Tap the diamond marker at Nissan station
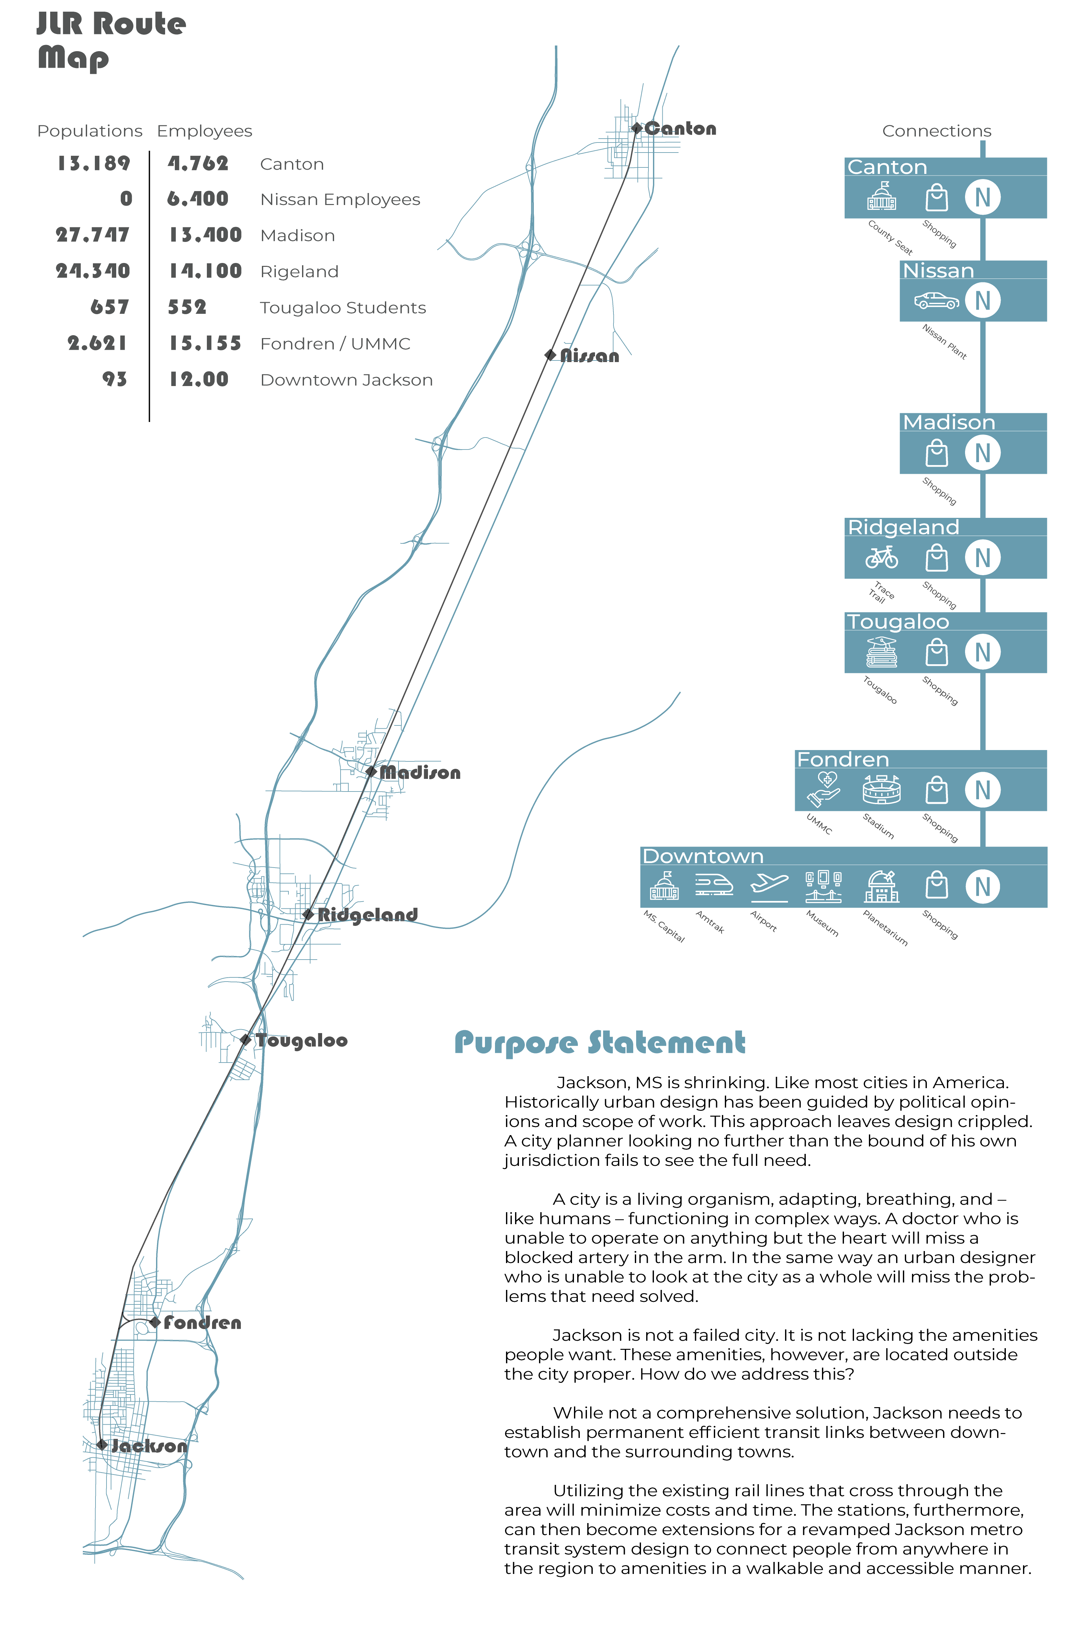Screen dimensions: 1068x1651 pos(551,355)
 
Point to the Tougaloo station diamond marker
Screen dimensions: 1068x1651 pos(245,1039)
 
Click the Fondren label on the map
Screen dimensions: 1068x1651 pos(203,1323)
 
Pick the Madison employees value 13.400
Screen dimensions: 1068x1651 pos(205,235)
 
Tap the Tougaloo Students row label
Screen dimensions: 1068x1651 pos(343,308)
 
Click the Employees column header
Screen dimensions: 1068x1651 pos(205,131)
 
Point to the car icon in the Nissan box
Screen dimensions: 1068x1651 pos(936,300)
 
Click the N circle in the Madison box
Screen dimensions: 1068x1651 pos(983,453)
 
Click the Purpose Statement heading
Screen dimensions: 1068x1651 pos(600,1042)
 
